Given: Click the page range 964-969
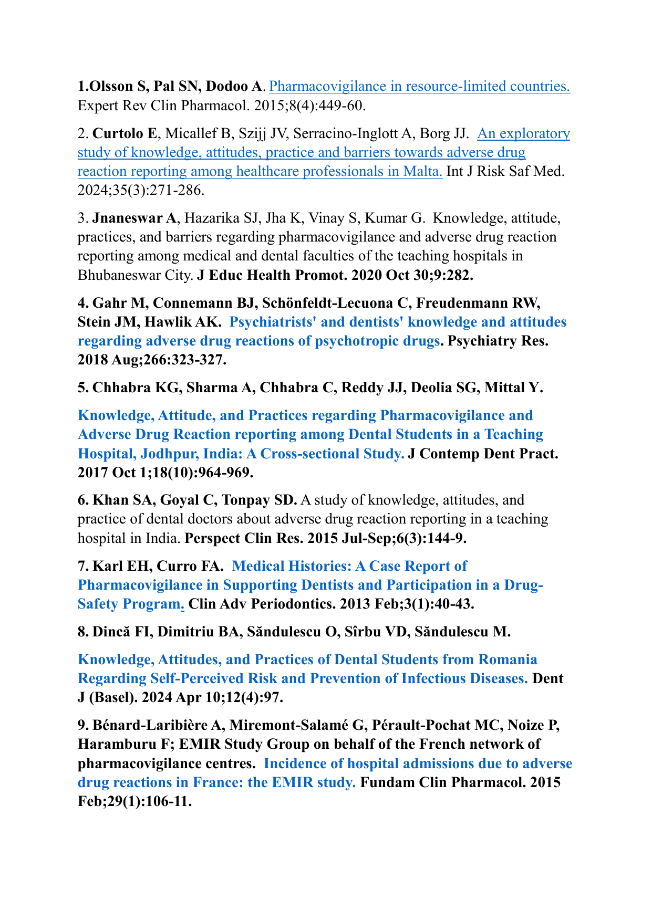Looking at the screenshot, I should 226,473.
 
